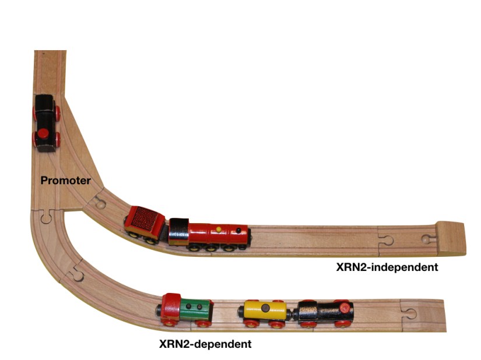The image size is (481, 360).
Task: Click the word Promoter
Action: (65, 181)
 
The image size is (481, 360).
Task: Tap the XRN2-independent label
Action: (387, 267)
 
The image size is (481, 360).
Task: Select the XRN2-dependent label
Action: (205, 344)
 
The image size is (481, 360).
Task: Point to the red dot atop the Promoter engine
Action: (43, 135)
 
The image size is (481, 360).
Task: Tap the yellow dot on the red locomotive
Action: (219, 228)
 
